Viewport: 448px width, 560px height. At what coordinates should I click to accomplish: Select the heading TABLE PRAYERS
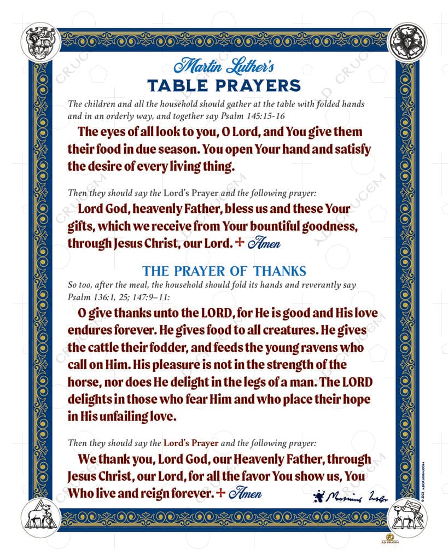(224, 86)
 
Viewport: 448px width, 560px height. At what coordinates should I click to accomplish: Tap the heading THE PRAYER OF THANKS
(224, 271)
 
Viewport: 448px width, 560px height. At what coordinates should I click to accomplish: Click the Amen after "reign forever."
(246, 493)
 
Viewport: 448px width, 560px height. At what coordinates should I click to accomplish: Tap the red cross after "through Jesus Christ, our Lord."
(238, 242)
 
